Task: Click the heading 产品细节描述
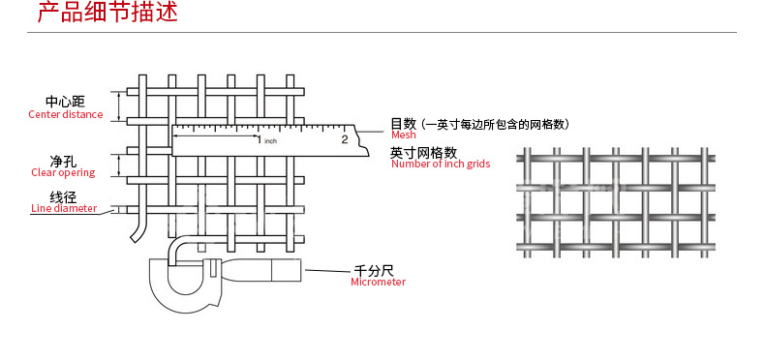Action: pos(107,14)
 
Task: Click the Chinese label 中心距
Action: pos(66,102)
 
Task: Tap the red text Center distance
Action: pos(65,114)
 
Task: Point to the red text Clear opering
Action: pos(63,173)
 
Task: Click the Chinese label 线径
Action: pos(63,196)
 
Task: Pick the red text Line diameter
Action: pos(64,208)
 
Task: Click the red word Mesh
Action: pos(403,135)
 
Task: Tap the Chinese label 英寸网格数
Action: pos(423,153)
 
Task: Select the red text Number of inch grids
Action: pos(441,165)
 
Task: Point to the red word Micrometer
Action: pos(378,282)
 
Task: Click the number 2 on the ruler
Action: pos(344,139)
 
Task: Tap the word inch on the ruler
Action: pos(271,141)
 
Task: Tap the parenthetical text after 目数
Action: pos(494,124)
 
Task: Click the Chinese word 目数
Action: pos(403,124)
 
